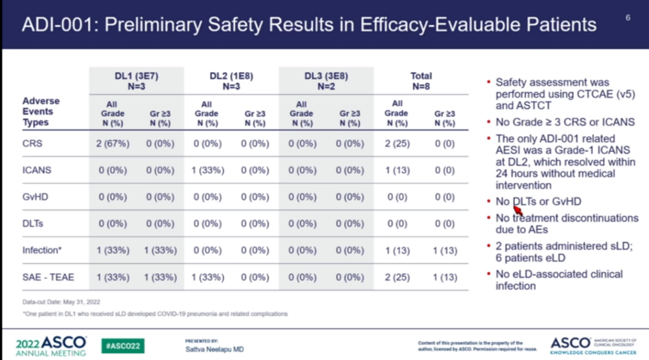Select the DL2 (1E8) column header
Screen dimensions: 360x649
(231, 81)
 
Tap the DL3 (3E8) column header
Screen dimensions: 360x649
(325, 81)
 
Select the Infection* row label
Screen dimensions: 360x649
(43, 250)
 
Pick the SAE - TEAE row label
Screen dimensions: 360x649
(48, 277)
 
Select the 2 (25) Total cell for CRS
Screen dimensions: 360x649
(397, 143)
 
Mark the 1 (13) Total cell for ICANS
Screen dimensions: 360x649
(397, 170)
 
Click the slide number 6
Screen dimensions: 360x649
(628, 17)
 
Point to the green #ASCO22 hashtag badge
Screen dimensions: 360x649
(122, 345)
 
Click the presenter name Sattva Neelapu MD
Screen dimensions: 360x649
(214, 349)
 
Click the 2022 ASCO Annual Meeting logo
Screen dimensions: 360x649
(51, 346)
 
